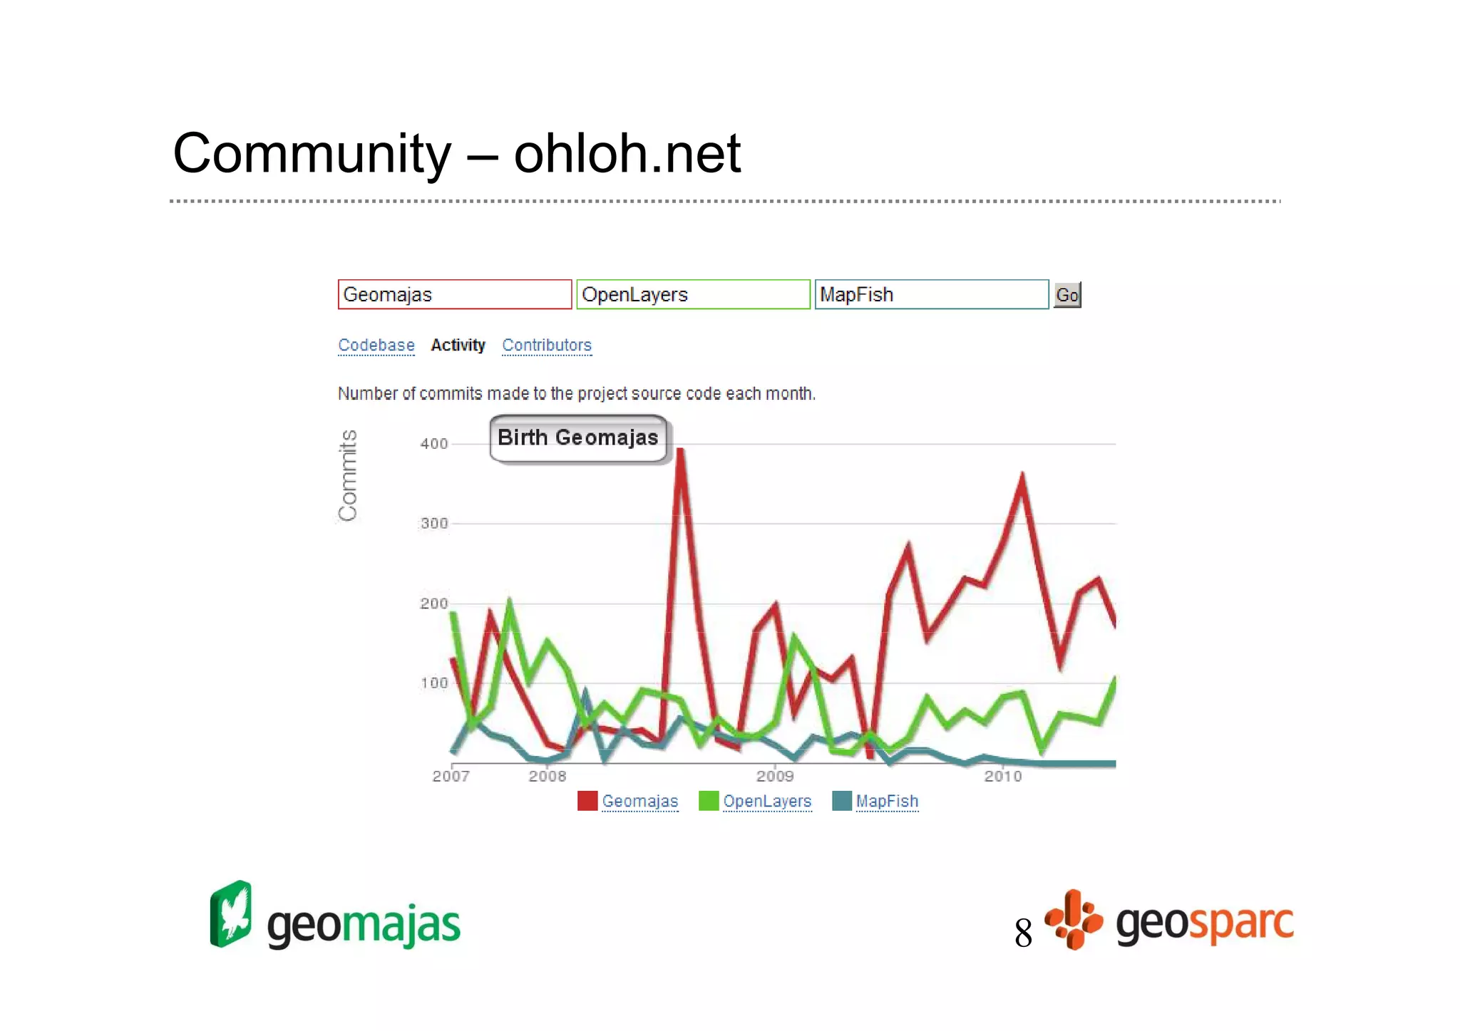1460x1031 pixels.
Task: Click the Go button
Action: pos(1067,295)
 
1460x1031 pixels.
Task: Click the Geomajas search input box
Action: pos(455,295)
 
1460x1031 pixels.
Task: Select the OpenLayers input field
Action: pos(693,295)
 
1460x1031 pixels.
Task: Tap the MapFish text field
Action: pos(931,295)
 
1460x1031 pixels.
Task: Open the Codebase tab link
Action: pos(376,346)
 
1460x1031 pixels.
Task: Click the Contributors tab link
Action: pos(547,346)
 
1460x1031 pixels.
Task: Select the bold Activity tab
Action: pos(458,346)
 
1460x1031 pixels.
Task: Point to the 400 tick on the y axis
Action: pos(434,444)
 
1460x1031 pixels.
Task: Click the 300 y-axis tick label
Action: pos(434,524)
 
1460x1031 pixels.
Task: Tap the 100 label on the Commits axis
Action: pos(434,683)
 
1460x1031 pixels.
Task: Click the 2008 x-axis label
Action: pos(547,777)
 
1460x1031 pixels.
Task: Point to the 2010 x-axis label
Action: pos(1003,777)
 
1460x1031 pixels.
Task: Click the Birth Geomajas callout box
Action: pos(578,438)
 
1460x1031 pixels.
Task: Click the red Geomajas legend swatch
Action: pos(587,802)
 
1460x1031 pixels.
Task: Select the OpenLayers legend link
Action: pos(767,802)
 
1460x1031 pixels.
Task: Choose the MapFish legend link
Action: pos(887,802)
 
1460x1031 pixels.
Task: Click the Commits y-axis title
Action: pos(348,475)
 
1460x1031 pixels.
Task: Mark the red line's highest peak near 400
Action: pos(681,450)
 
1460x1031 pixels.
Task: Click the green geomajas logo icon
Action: pos(231,914)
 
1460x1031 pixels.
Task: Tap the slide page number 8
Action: pos(1023,933)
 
